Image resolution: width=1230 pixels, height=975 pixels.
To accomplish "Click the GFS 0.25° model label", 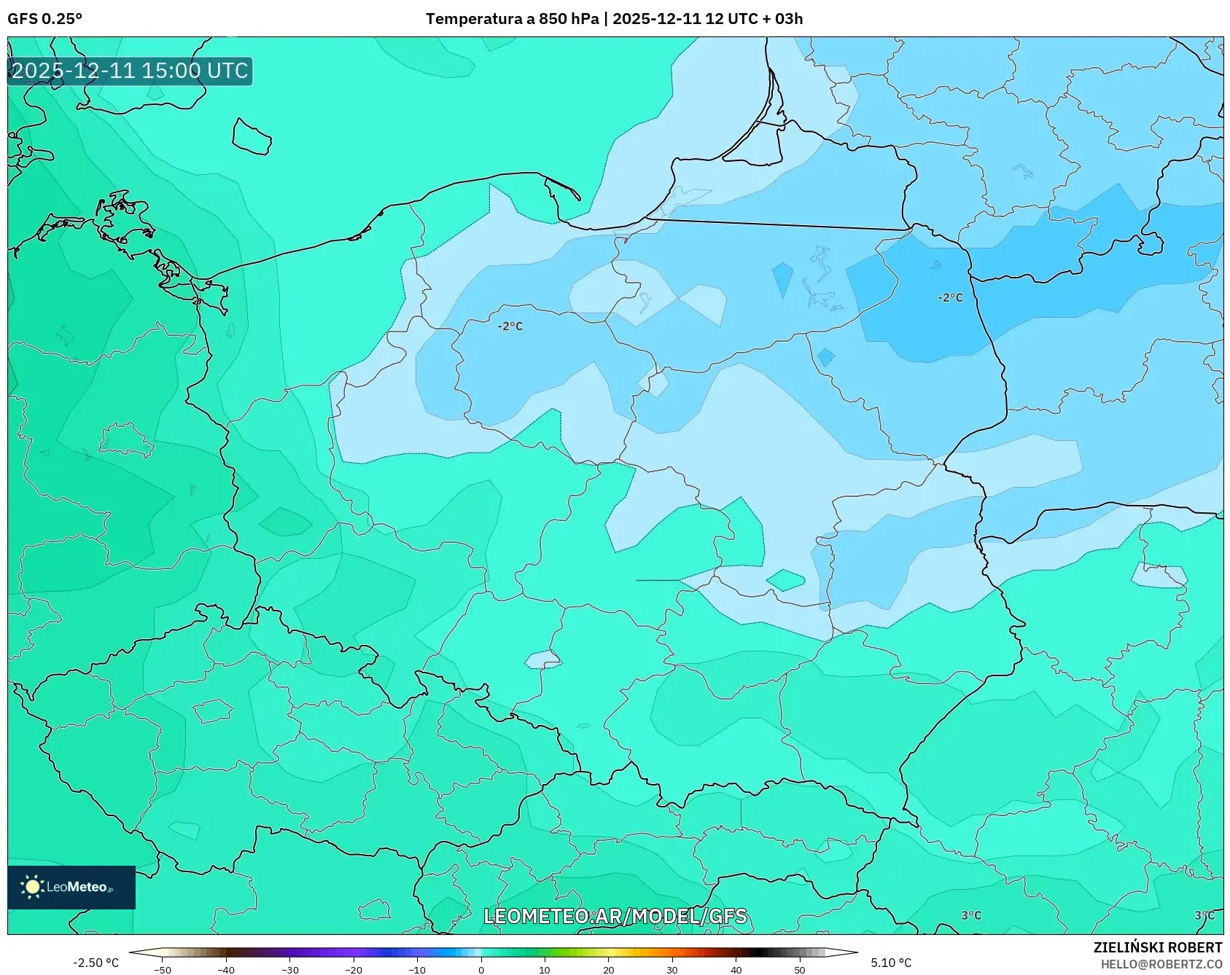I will (x=44, y=19).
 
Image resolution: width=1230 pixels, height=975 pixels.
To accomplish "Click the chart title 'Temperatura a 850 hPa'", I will (x=512, y=19).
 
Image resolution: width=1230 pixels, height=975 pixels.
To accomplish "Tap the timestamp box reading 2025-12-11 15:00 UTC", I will (x=130, y=71).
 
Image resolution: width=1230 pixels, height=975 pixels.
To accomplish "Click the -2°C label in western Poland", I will (x=510, y=326).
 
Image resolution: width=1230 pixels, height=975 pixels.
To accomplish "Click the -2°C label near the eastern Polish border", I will (x=950, y=297).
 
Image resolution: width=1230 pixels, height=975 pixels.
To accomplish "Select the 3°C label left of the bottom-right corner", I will (x=971, y=915).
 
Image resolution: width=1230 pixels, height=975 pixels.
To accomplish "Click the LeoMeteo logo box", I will (x=71, y=887).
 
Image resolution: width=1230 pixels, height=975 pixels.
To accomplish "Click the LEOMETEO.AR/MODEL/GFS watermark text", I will (x=615, y=916).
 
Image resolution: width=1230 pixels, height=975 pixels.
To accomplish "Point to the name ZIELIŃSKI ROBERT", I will (x=1157, y=947).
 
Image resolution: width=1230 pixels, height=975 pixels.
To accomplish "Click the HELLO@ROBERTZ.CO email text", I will (x=1161, y=964).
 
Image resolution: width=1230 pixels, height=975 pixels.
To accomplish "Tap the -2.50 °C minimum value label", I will (x=96, y=963).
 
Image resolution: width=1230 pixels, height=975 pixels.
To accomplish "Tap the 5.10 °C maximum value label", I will (x=891, y=963).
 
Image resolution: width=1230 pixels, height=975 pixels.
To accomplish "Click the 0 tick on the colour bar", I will (x=480, y=969).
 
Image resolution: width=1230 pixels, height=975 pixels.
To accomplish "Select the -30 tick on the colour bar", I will (x=289, y=969).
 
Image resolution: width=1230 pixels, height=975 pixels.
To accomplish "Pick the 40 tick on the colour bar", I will (x=736, y=969).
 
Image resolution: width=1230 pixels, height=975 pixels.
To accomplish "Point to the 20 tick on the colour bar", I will (x=608, y=969).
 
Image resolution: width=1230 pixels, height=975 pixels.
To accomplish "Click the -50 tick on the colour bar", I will (x=163, y=969).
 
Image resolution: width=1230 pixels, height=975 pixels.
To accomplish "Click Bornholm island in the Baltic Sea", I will (x=252, y=136).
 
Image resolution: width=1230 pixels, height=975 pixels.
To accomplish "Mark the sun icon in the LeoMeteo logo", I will (x=32, y=887).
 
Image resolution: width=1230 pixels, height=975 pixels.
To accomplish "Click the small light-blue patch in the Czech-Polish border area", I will (x=542, y=660).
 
